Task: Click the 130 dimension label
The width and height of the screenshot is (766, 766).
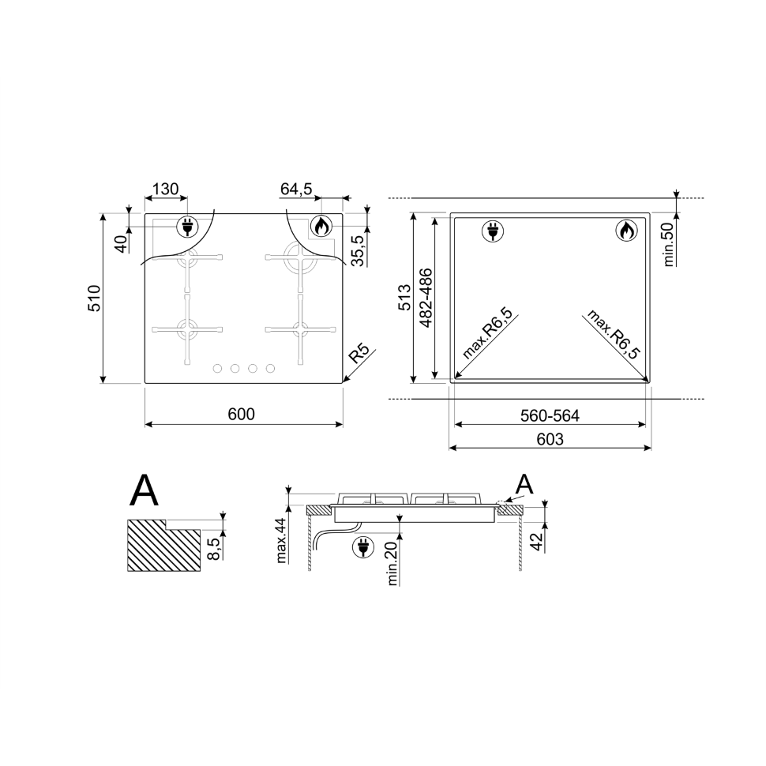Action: click(166, 189)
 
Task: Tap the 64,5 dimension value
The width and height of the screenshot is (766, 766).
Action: click(296, 189)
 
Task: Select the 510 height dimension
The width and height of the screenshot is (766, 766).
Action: click(94, 298)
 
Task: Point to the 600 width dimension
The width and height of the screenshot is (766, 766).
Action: click(242, 414)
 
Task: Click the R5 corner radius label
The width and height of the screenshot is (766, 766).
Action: click(359, 354)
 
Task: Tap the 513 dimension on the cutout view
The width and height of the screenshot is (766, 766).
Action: click(404, 298)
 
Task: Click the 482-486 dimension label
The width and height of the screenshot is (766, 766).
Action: click(426, 298)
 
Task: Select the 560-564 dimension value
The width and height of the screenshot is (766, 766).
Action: click(550, 415)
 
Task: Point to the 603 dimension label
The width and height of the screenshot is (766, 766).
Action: click(550, 439)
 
